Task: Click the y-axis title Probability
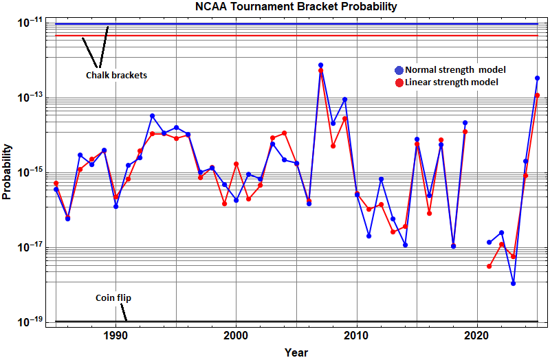point(7,172)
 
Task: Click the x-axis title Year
point(296,352)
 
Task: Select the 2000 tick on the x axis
point(236,337)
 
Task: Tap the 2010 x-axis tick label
point(356,337)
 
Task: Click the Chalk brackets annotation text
point(116,75)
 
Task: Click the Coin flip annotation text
point(113,298)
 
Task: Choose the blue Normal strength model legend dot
point(399,70)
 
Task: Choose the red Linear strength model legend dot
point(399,82)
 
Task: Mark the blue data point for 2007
point(320,65)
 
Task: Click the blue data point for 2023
point(514,283)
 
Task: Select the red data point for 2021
point(489,266)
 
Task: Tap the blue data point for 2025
point(538,78)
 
